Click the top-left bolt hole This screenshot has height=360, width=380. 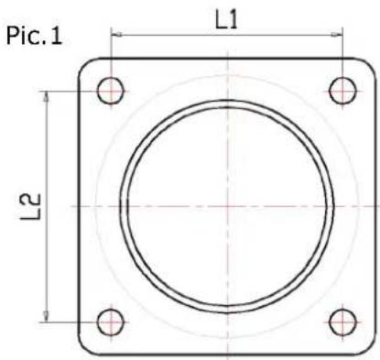point(112,91)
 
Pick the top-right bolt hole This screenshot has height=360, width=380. point(342,91)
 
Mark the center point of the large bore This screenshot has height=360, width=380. point(227,206)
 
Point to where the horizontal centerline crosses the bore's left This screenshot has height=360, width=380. point(119,206)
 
